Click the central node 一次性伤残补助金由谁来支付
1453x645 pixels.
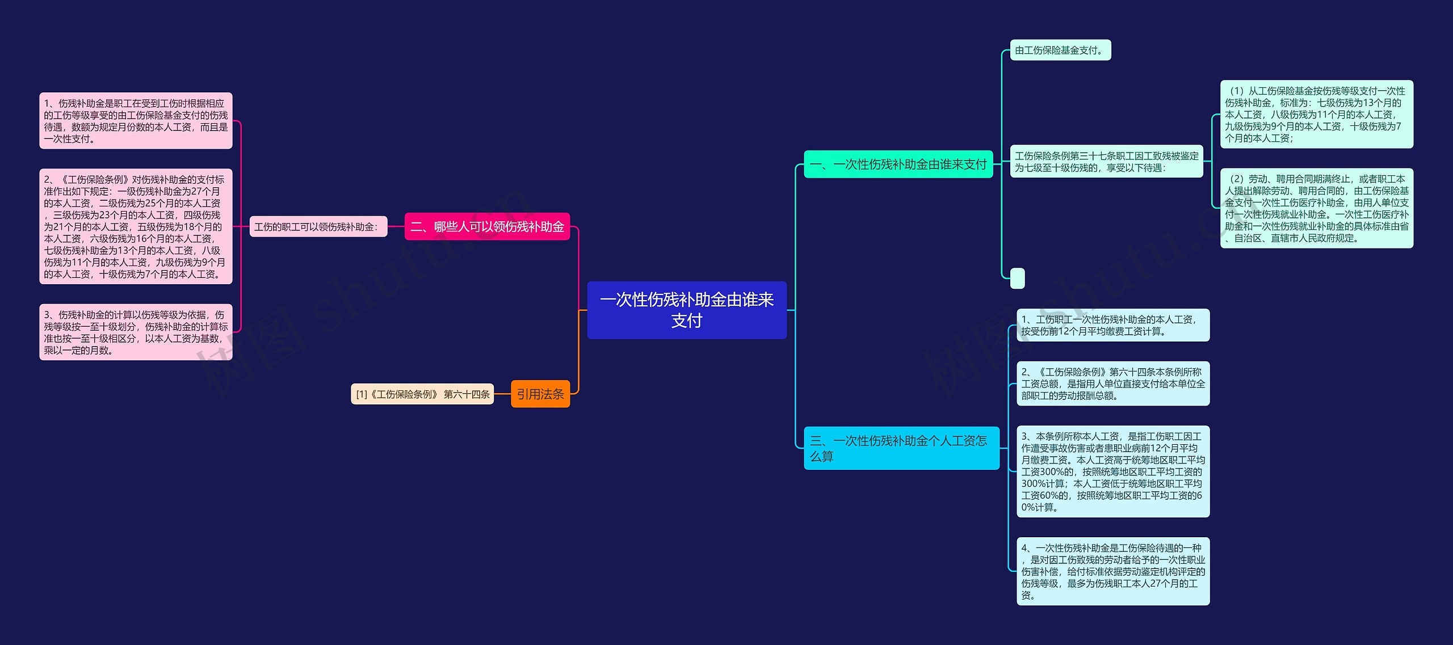pos(686,310)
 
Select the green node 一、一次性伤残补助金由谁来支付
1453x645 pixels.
pos(898,164)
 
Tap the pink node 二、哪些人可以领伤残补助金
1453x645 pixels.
pos(487,226)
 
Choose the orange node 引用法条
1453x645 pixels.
pos(540,394)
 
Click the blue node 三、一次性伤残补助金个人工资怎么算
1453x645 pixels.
pos(901,448)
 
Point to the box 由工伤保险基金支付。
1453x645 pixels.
pos(1060,50)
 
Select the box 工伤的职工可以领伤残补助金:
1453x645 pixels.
pos(318,226)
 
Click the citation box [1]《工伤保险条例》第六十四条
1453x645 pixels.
pos(422,394)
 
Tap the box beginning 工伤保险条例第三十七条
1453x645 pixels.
pos(1106,162)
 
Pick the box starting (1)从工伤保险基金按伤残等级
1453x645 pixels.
pos(1316,114)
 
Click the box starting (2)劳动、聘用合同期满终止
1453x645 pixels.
pos(1316,208)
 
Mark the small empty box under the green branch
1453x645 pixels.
pos(1018,278)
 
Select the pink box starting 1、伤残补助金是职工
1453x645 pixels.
pos(136,121)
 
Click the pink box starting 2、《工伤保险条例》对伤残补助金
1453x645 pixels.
pos(136,226)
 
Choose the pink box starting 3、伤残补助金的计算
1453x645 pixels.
pos(136,332)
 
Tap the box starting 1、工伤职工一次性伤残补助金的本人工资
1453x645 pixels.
pos(1112,325)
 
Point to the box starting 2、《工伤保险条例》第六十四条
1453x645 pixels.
pos(1112,383)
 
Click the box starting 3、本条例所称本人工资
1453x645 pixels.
pos(1112,471)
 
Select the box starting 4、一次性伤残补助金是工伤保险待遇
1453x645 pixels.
pos(1112,571)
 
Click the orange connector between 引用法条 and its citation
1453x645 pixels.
pos(502,394)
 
